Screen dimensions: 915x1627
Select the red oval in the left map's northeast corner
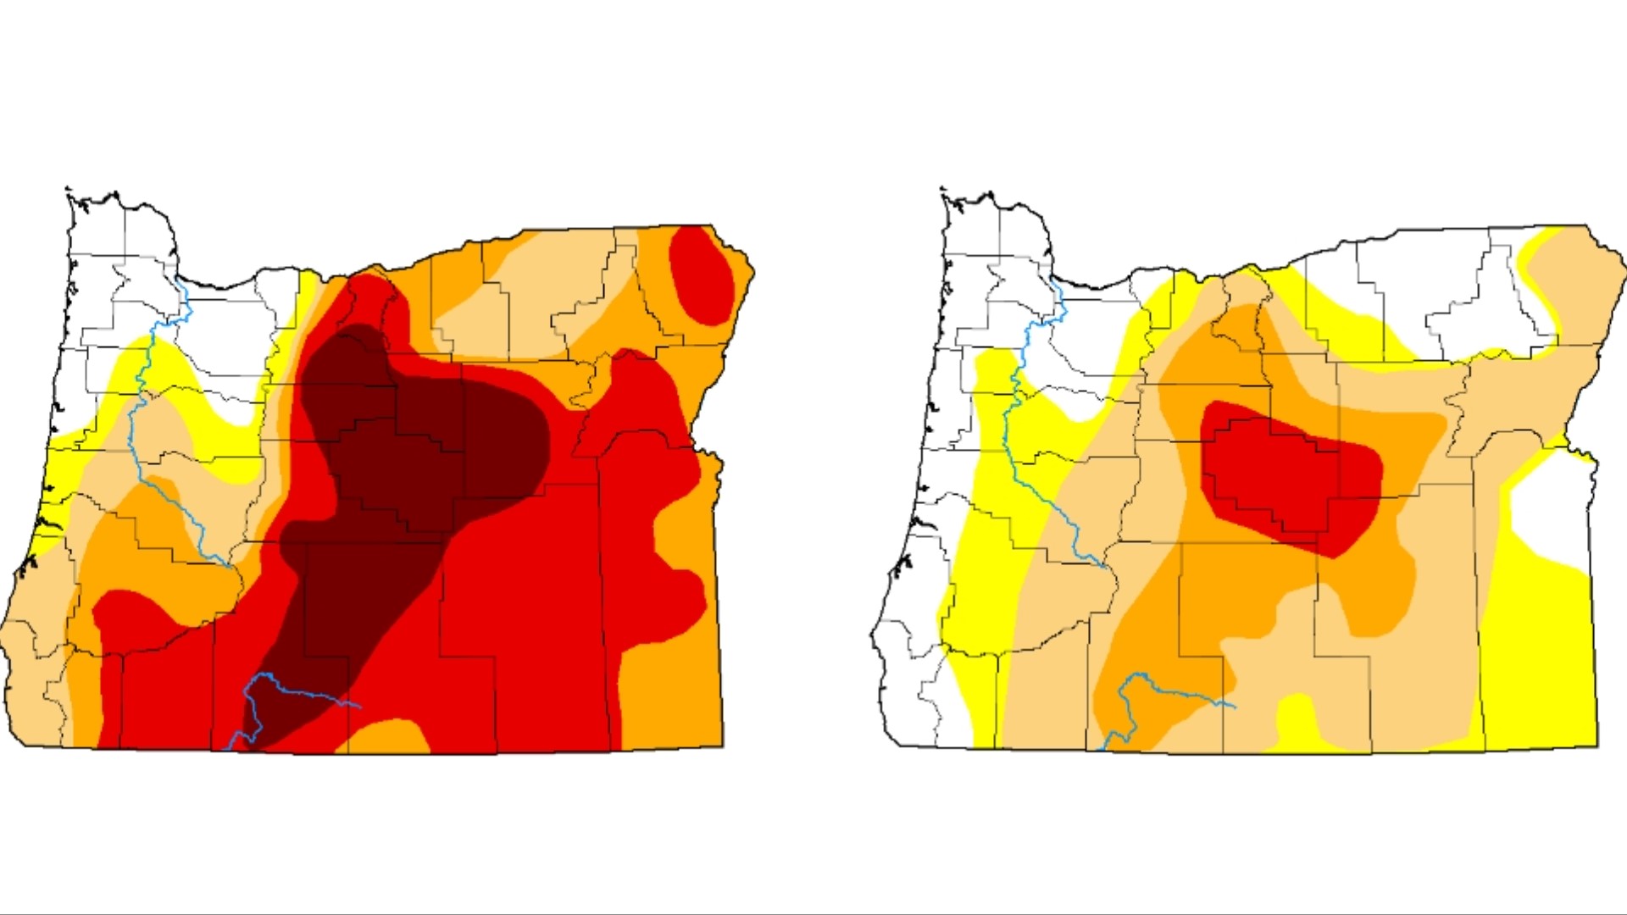701,275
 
